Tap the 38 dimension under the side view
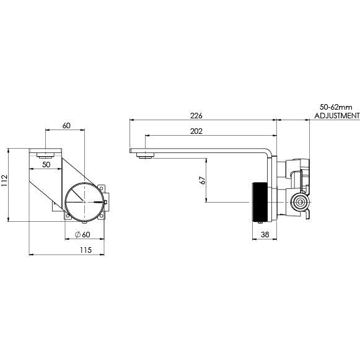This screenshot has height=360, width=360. point(265,235)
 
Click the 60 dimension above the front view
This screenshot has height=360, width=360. point(66,126)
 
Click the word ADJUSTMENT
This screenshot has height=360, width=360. point(336,116)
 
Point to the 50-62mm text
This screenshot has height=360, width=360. point(336,107)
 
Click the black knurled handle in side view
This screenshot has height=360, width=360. point(259,202)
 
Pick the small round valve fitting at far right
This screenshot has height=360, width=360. point(300,201)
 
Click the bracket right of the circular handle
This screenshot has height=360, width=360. point(107,200)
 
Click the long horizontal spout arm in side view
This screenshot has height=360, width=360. point(198,150)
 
